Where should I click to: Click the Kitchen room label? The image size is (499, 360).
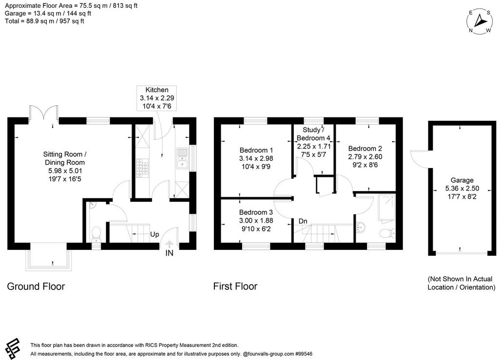157,90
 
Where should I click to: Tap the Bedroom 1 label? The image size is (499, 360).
256,150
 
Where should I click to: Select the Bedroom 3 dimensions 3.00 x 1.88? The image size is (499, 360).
256,220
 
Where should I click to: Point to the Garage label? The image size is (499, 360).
462,180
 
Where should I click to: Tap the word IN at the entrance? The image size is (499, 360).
169,253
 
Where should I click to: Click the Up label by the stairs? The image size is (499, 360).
154,235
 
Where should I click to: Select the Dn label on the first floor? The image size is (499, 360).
303,221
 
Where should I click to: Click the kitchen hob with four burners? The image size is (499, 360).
142,168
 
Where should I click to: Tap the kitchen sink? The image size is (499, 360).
182,158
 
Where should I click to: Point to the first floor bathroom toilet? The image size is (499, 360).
387,233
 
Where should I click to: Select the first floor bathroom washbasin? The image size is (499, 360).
361,227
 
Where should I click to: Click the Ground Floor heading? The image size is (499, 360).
36,286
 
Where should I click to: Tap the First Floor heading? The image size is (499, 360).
235,286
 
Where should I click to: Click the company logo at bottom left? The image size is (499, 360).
13,348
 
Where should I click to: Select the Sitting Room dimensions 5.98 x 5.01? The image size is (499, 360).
65,171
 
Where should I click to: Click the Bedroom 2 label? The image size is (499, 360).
365,149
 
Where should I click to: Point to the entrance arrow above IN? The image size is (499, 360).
169,244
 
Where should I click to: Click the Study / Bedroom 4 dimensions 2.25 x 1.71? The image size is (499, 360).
314,146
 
